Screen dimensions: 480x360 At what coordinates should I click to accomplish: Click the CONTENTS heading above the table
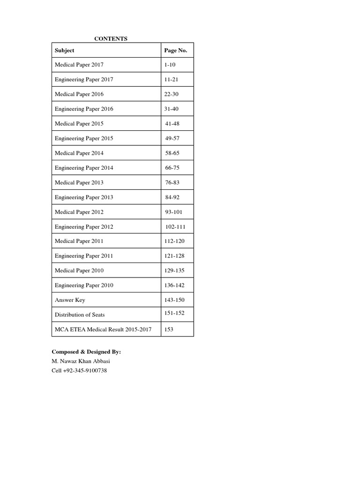point(111,39)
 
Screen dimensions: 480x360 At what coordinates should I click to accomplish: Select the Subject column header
point(64,50)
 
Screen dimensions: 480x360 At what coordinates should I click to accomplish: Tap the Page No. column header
point(175,50)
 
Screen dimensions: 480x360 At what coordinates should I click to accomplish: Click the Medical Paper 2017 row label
point(79,65)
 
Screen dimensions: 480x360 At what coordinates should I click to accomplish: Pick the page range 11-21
point(171,80)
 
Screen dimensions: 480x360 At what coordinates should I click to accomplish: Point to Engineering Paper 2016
point(84,109)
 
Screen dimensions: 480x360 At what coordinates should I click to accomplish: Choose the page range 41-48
point(172,124)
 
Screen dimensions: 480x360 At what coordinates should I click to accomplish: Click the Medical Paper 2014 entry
point(79,153)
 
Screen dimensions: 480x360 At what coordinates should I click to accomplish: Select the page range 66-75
point(172,168)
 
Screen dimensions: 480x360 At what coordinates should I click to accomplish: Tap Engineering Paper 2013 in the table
point(84,197)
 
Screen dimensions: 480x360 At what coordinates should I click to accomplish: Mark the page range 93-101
point(174,212)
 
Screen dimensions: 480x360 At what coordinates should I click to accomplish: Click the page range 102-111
point(175,227)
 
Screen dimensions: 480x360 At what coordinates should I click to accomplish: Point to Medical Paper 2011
point(79,241)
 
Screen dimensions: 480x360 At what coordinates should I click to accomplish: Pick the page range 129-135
point(174,270)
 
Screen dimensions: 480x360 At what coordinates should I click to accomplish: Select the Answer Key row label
point(70,300)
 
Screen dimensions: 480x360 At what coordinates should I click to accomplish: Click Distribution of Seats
point(80,315)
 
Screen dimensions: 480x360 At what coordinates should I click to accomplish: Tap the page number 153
point(169,330)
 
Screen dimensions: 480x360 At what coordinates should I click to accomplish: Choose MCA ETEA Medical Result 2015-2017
point(103,330)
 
